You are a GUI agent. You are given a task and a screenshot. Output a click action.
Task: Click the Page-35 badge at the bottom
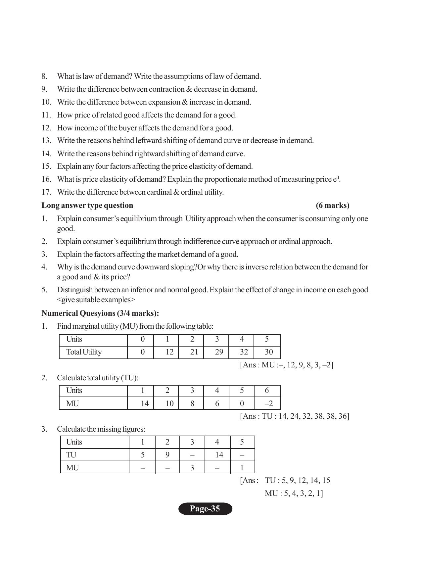205,509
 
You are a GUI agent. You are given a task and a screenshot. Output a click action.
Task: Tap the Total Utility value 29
219,352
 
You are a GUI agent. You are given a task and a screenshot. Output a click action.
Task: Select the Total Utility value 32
244,352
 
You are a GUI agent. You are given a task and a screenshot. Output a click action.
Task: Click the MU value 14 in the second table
145,403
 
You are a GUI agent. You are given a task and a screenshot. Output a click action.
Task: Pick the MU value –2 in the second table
268,403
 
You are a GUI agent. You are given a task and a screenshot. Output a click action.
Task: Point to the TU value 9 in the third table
167,455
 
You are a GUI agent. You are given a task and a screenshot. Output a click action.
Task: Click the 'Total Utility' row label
84,352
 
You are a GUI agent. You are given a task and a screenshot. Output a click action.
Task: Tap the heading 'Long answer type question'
87,206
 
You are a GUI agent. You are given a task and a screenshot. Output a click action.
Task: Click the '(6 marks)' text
332,206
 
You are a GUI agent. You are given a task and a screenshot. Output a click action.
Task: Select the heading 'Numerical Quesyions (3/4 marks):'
100,313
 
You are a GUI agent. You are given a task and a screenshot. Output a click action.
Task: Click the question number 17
46,192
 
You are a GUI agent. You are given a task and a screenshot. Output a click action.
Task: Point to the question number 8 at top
44,76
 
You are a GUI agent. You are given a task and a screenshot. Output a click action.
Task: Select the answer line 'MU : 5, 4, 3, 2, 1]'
294,494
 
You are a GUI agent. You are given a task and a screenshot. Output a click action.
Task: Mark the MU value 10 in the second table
169,403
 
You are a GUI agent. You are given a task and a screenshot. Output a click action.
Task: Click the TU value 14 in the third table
219,455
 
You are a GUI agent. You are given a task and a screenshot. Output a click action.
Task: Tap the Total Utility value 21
194,352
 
